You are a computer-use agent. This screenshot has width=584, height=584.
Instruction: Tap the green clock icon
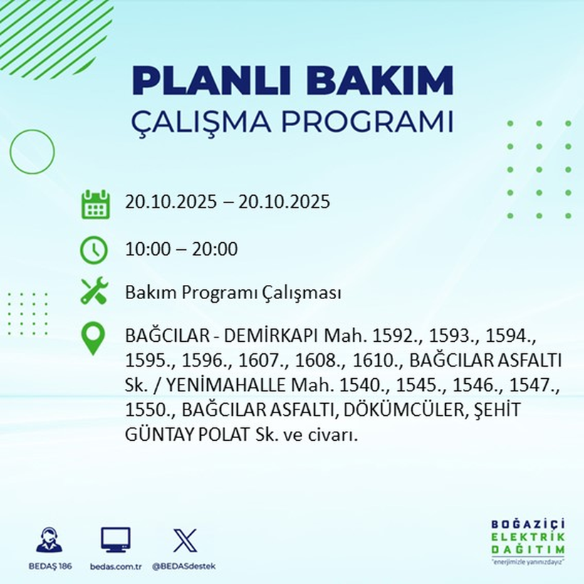click(x=94, y=249)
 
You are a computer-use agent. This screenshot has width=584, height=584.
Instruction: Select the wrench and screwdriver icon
click(x=94, y=291)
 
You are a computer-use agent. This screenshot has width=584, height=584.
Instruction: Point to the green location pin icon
click(x=94, y=338)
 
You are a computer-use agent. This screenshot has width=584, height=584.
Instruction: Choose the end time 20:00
click(x=217, y=249)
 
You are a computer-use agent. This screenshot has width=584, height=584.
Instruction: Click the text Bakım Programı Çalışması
click(x=233, y=293)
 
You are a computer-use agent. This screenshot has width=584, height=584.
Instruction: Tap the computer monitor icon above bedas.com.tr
click(x=115, y=540)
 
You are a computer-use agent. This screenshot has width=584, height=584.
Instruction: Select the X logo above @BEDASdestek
click(x=184, y=540)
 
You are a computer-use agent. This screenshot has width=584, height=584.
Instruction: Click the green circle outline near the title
click(x=32, y=151)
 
